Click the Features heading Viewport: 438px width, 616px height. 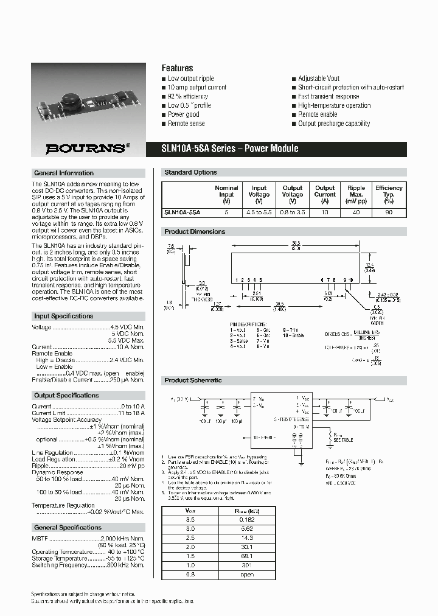[177, 68]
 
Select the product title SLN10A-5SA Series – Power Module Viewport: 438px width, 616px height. [230, 149]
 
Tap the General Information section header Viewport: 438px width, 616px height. [64, 173]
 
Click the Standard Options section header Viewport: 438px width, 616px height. [190, 172]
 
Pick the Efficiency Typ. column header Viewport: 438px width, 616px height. [389, 195]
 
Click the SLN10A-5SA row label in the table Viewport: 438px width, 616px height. [182, 212]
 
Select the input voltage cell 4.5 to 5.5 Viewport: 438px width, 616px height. [259, 212]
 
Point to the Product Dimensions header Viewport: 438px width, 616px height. [195, 231]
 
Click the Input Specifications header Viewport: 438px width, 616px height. [64, 316]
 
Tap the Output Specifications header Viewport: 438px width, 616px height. [66, 395]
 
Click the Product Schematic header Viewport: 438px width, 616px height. [193, 380]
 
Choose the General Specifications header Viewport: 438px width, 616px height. [68, 527]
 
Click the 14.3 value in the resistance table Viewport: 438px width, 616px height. [246, 539]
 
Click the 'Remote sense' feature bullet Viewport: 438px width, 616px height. [186, 124]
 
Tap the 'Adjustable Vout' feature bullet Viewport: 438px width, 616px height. [319, 79]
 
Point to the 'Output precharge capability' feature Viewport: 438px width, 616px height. [334, 124]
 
